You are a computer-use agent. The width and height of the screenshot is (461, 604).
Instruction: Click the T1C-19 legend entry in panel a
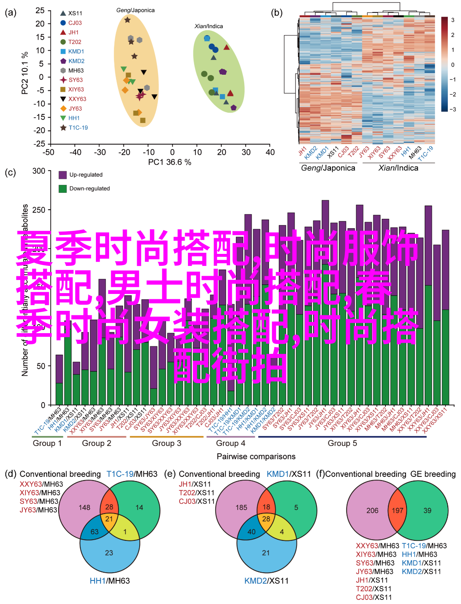point(78,128)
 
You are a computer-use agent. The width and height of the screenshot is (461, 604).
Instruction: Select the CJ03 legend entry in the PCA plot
point(75,23)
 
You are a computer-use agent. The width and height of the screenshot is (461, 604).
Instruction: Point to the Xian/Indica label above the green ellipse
point(209,26)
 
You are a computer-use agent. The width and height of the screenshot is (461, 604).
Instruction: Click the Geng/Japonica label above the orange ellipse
point(135,10)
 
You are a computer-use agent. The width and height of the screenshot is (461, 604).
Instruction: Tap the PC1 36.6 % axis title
point(169,162)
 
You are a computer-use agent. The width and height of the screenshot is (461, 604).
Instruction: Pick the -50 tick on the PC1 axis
point(49,152)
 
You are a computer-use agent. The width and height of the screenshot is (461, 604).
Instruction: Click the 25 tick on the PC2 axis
point(40,11)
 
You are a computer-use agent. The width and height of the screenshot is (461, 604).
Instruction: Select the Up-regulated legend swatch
point(63,175)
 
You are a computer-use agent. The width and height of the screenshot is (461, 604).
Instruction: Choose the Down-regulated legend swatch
point(63,189)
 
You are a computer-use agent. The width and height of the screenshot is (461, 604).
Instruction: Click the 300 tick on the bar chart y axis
point(39,171)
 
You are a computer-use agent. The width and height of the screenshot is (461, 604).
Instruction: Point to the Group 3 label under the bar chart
point(166,443)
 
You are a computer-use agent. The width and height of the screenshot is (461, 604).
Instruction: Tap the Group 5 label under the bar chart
point(342,443)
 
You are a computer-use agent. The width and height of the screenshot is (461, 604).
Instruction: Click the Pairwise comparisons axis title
point(256,457)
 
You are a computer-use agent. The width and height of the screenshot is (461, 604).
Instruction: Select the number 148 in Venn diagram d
point(85,507)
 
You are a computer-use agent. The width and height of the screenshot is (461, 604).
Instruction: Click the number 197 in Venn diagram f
point(397,511)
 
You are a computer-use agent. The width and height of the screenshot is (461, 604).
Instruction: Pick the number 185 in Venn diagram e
point(241,507)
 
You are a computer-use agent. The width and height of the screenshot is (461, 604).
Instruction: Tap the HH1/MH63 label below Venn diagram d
point(109,581)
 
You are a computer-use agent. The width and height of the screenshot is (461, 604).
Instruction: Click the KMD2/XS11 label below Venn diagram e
point(266,581)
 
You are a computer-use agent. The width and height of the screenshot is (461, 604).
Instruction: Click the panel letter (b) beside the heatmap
point(277,13)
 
